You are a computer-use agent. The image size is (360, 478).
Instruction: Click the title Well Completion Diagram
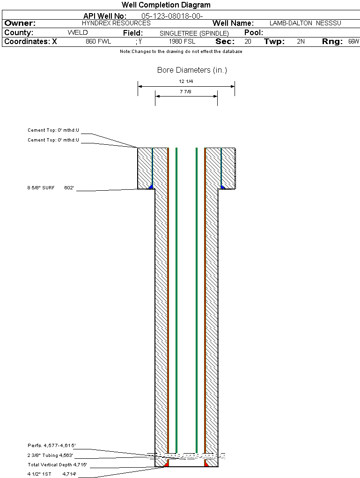point(166,5)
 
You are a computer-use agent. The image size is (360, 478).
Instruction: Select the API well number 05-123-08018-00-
point(172,16)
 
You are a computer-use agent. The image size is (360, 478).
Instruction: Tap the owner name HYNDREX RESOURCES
point(116,23)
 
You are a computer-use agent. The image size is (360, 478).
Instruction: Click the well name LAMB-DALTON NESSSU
point(305,23)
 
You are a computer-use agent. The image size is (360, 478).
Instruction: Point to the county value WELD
point(78,33)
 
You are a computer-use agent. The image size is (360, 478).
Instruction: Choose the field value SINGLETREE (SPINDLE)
point(194,33)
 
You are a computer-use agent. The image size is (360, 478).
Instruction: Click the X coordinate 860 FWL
point(98,41)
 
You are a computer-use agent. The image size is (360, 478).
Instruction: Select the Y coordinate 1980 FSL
point(182,41)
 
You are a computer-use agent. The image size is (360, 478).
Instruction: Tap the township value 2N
point(301,41)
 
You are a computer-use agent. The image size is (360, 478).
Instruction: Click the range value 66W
point(354,41)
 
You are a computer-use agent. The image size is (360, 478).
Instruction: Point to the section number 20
point(248,41)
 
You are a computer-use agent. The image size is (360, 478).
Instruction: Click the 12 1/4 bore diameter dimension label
point(186,82)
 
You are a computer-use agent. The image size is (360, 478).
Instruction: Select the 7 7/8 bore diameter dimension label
point(185,91)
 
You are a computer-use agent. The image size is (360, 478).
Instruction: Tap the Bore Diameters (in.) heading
point(192,70)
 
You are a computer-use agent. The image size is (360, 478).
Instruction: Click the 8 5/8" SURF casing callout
point(51,188)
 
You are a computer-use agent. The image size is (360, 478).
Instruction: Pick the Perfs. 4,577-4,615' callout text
point(51,446)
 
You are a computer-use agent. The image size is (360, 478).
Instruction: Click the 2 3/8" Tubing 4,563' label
point(50,456)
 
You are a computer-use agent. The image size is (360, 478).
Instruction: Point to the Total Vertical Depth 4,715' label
point(57,465)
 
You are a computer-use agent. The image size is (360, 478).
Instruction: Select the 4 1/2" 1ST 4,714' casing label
point(52,474)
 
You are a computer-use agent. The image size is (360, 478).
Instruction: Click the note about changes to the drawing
point(181,52)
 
